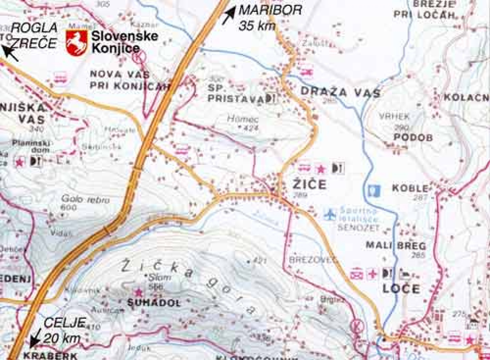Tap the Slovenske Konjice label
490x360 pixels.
124,42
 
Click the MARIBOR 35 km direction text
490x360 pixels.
270,18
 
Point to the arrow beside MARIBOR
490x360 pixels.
229,15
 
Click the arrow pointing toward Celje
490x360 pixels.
35,339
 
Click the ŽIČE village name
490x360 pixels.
309,184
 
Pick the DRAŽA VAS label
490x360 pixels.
340,92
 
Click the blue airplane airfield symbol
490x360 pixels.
331,214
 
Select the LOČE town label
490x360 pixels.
401,289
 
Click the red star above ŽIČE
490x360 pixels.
321,169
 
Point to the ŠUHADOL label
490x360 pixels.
154,303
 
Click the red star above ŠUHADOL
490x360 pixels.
139,291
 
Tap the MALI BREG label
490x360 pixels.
396,245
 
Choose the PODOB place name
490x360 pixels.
413,137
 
